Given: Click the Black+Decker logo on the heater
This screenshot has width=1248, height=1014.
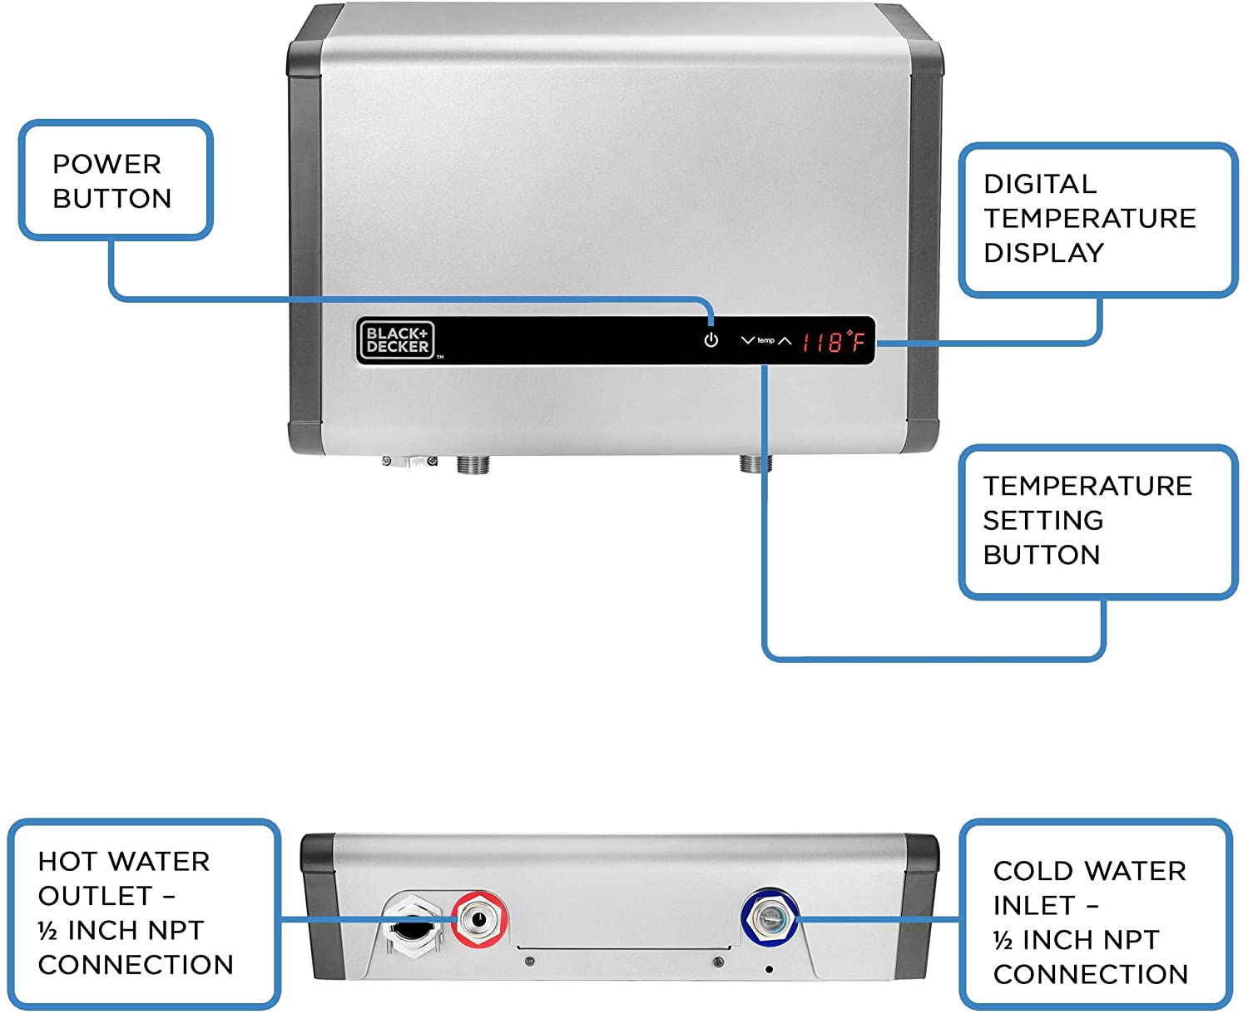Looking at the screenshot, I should point(397,340).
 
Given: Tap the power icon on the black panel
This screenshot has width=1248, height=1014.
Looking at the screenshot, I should point(711,340).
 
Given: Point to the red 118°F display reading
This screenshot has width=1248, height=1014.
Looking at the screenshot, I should point(833,341).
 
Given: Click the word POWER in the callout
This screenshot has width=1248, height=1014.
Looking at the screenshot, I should point(106,164).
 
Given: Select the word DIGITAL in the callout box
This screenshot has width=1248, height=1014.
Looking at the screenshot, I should point(1039,184).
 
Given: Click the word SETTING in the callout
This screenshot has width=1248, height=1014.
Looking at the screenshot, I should point(1042,520).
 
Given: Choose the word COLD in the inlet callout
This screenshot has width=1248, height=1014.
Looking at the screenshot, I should point(1029,871).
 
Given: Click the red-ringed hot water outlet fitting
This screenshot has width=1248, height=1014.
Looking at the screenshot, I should point(479,919).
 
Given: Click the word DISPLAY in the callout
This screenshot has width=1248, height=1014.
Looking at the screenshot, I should point(1043,253).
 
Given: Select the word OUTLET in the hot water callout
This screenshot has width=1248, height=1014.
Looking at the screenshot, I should point(95,896).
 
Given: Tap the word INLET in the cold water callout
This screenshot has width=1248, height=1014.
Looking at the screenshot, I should point(1034,905).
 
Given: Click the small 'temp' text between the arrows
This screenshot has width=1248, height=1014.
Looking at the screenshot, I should point(765,340).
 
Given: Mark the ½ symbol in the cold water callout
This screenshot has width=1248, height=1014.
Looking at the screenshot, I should point(1003,940).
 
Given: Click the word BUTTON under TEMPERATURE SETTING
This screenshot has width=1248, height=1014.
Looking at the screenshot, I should point(1041,555).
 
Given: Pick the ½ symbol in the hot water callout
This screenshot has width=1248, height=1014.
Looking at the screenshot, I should point(47,930).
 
